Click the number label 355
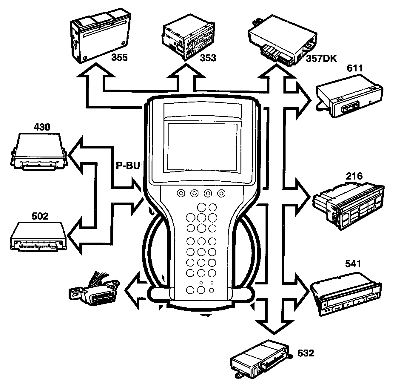[119, 57]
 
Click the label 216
[354, 176]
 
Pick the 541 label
[353, 264]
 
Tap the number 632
[306, 353]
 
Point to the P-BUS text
[128, 166]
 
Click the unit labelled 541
[346, 292]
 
